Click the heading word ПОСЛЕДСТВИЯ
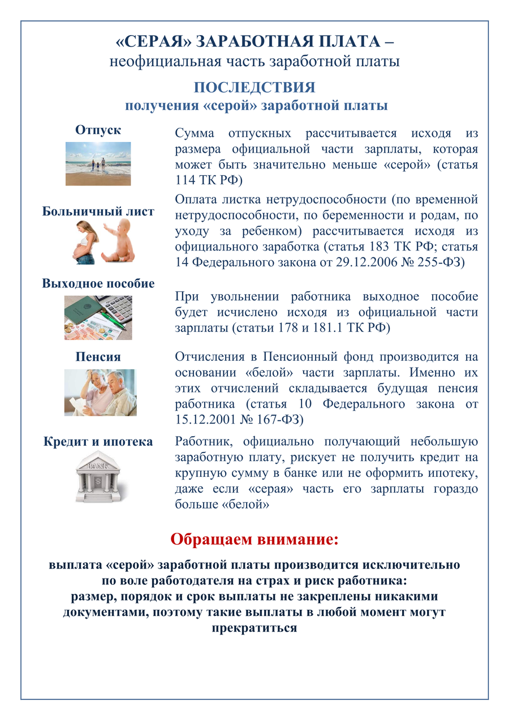(254, 88)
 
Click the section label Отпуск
(98, 130)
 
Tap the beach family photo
(98, 163)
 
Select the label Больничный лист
(98, 212)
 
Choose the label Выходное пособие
(98, 283)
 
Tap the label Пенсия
(98, 357)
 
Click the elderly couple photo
(100, 393)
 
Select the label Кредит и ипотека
(98, 442)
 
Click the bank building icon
(98, 476)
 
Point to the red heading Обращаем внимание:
(255, 539)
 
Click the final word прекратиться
(254, 628)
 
